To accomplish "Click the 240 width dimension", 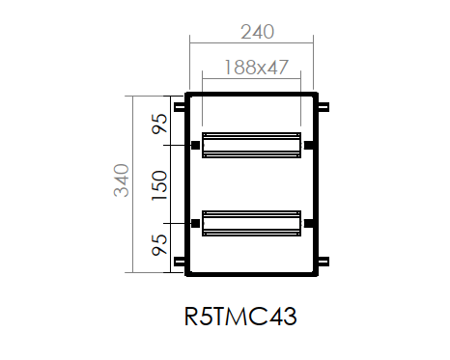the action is click(258, 32).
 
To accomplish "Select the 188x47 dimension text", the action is click(256, 68).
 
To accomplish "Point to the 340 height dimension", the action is click(122, 180).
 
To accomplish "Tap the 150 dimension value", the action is click(159, 185).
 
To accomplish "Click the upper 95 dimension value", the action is click(159, 124).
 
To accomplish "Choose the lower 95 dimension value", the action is click(159, 245).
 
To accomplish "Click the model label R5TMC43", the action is click(240, 317).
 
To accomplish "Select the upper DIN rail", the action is click(251, 145).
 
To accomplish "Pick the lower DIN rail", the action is click(251, 223).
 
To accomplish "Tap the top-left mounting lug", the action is click(180, 107).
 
